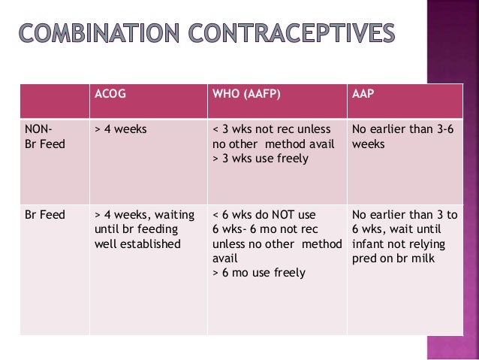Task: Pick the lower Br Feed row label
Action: (45, 214)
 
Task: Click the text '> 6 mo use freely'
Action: (259, 273)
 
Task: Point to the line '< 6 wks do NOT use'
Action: (264, 214)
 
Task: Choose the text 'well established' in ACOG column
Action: (138, 244)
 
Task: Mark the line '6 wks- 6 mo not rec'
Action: (263, 229)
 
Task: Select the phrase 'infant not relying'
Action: (398, 244)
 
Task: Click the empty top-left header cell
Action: (53, 101)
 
